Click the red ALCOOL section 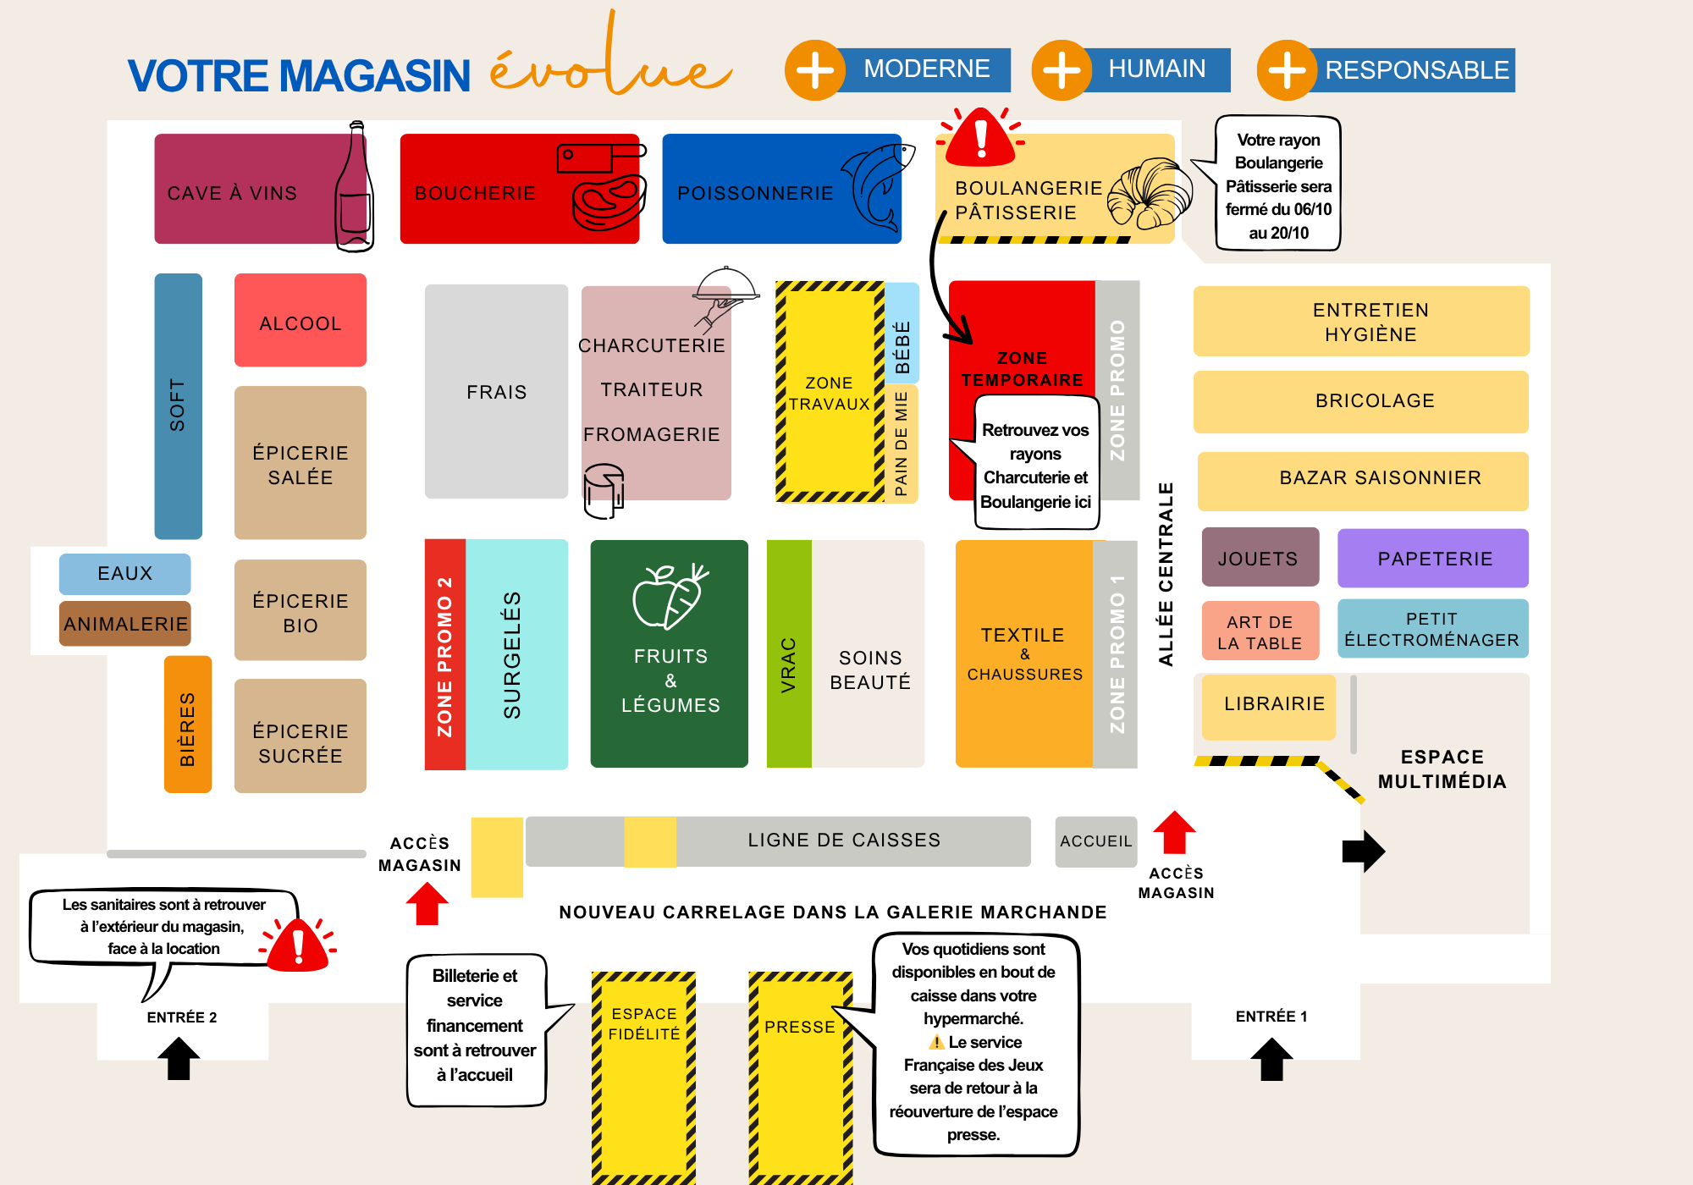(300, 321)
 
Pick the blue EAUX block (124, 574)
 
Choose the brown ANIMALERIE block (124, 624)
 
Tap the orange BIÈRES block (187, 725)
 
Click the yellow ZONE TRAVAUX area (829, 393)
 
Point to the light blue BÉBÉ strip (902, 333)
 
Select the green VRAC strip (789, 654)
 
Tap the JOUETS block (1260, 558)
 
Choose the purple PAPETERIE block (1432, 559)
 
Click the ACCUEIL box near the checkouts (1095, 841)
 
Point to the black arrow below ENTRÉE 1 (1271, 1060)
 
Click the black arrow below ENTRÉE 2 (179, 1059)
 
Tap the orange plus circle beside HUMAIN (1062, 70)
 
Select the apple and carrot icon (670, 597)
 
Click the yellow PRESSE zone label (800, 1028)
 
